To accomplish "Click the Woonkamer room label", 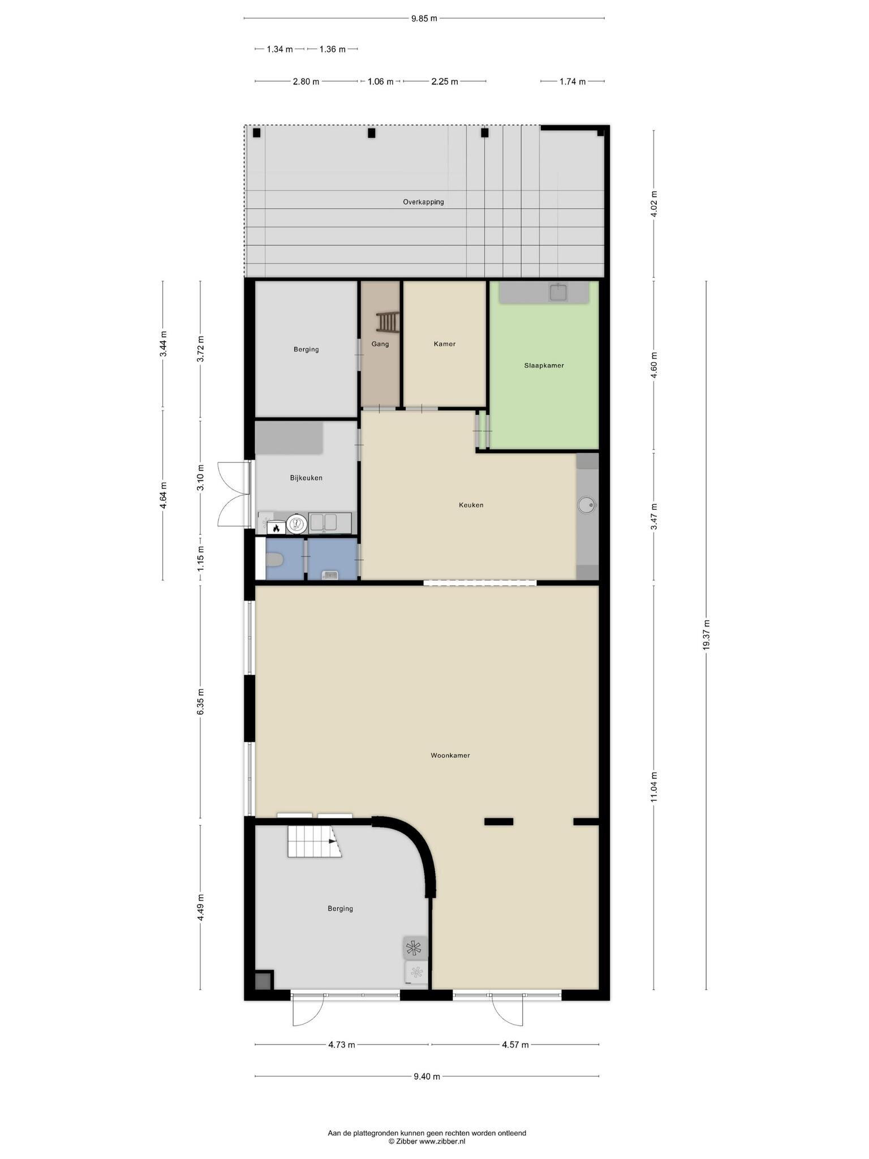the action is (450, 755).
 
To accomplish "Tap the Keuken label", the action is (471, 505).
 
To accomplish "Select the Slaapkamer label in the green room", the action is (544, 366).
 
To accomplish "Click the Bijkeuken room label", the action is (306, 478).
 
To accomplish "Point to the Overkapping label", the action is (423, 202).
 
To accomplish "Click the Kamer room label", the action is (445, 344).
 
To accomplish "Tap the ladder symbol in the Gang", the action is (388, 322).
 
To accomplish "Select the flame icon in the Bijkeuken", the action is (276, 528).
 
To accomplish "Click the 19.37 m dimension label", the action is (706, 635).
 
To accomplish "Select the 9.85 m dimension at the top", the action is (424, 18).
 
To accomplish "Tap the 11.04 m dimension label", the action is (654, 787).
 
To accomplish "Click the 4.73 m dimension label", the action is (342, 1045).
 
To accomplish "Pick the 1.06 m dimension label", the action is (380, 81).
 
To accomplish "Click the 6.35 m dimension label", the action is (200, 702).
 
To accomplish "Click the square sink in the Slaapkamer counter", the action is (558, 293).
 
